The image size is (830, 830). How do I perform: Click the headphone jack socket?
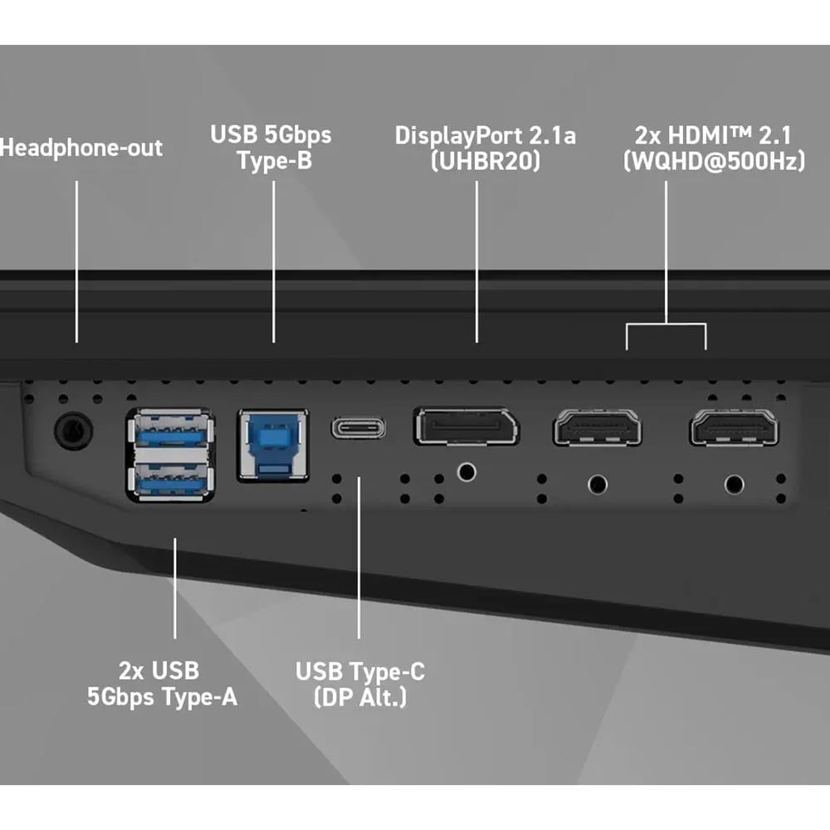coord(74,430)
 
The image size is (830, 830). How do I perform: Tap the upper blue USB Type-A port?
coord(170,430)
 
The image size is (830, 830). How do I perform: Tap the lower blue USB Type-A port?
coord(170,479)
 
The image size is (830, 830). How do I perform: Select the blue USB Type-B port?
coord(273,445)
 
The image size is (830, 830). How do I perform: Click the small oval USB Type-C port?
coord(359,427)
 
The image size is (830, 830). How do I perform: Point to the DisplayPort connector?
coord(466,426)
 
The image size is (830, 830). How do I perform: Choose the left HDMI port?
coord(597,427)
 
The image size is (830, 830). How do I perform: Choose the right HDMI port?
coord(735,427)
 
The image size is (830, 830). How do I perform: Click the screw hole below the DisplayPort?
coord(466,471)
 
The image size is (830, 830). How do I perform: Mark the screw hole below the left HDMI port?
coord(598,485)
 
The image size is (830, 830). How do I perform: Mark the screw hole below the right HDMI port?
coord(735,485)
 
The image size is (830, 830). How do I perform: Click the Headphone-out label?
coord(81,148)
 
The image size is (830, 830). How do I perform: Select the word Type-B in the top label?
coord(274,160)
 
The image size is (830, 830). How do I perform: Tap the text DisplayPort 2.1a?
coord(485,136)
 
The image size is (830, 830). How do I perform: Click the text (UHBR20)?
coord(486,161)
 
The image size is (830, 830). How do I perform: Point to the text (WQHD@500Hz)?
coord(714,161)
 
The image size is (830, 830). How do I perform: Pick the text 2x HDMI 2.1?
coord(713,135)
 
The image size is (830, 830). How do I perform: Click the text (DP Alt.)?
coord(360,696)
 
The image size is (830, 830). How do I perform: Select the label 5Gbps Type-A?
coord(162,696)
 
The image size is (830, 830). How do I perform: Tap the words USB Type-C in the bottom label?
coord(360,671)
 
